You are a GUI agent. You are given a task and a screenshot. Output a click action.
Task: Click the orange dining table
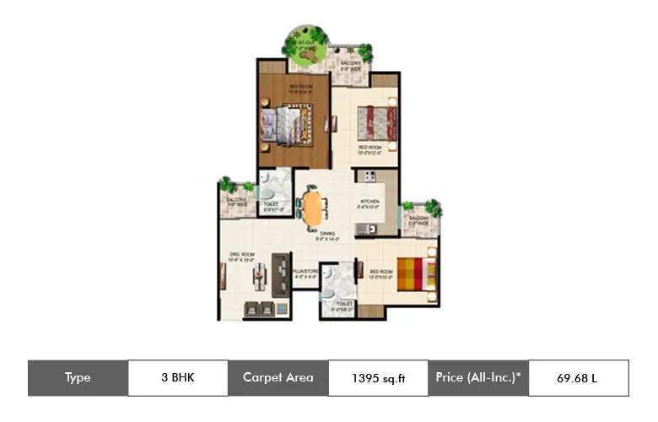312,208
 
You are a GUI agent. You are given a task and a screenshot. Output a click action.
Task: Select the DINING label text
327,234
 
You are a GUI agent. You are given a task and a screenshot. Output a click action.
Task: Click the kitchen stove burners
369,176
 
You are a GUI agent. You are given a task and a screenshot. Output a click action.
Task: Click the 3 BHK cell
177,377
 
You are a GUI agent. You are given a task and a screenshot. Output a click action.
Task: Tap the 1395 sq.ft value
379,378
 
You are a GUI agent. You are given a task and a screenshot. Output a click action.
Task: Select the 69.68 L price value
577,377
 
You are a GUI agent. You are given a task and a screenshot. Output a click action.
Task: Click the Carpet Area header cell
278,377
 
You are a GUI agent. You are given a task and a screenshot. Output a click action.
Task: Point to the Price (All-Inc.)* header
478,377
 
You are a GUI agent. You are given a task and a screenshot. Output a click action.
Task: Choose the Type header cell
78,377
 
